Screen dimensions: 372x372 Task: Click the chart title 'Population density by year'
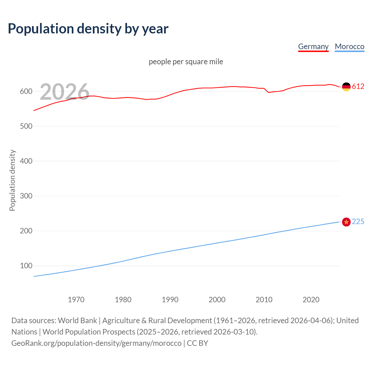pyautogui.click(x=88, y=29)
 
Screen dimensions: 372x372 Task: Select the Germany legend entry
pyautogui.click(x=313, y=46)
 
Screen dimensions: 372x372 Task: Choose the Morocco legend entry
pyautogui.click(x=349, y=46)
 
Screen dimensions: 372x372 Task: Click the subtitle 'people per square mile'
pyautogui.click(x=186, y=62)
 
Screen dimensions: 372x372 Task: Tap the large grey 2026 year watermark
pyautogui.click(x=65, y=92)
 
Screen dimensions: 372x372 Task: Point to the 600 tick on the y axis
pyautogui.click(x=26, y=91)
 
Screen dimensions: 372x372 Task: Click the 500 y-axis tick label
pyautogui.click(x=26, y=126)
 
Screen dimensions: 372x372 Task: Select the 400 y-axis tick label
pyautogui.click(x=26, y=161)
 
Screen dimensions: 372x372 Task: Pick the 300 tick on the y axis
pyautogui.click(x=26, y=196)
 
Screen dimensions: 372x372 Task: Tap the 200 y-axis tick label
pyautogui.click(x=26, y=231)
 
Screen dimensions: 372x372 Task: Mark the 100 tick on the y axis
pyautogui.click(x=26, y=266)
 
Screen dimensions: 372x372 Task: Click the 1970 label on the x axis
pyautogui.click(x=76, y=300)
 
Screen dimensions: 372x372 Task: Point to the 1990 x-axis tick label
pyautogui.click(x=170, y=300)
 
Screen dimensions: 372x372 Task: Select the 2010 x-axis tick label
pyautogui.click(x=264, y=300)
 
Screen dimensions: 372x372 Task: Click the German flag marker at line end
pyautogui.click(x=346, y=87)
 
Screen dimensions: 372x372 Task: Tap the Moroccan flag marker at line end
pyautogui.click(x=346, y=222)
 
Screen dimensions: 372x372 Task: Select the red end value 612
pyautogui.click(x=358, y=87)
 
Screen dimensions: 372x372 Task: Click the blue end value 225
pyautogui.click(x=358, y=222)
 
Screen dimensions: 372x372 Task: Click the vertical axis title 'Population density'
pyautogui.click(x=12, y=180)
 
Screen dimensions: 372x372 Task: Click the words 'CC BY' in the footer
pyautogui.click(x=197, y=343)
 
